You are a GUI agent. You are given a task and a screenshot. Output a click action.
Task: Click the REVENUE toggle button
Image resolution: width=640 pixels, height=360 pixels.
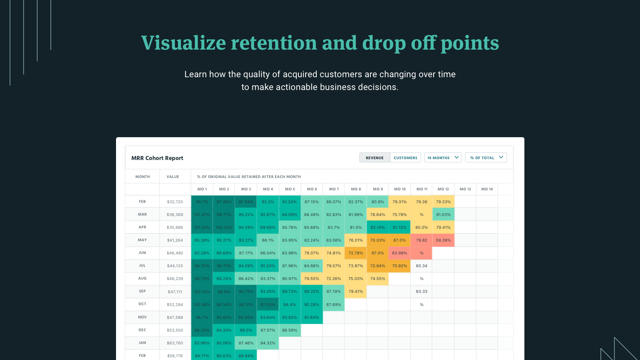[x=374, y=158]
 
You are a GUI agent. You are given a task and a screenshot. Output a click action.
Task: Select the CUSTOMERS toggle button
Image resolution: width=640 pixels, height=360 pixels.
[x=405, y=158]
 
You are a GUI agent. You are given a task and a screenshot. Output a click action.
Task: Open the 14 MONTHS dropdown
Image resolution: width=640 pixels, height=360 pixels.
[x=443, y=158]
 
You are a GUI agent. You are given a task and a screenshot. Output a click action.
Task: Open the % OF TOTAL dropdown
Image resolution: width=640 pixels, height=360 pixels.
[x=486, y=158]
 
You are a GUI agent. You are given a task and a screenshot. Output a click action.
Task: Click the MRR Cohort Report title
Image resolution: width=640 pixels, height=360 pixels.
[x=157, y=158]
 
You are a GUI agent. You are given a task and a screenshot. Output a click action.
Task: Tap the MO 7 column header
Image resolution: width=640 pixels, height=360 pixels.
[x=334, y=189]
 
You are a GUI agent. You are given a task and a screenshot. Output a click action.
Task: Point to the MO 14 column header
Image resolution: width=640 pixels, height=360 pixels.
[x=487, y=189]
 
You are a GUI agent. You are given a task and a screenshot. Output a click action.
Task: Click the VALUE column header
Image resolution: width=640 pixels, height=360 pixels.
[x=173, y=176]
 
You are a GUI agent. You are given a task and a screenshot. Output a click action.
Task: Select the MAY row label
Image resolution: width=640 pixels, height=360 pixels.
[x=142, y=240]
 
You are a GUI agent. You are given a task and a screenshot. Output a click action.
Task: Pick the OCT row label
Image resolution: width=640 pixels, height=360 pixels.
[x=142, y=304]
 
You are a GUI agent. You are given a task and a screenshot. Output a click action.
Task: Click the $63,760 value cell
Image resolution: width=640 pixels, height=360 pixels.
[x=175, y=343]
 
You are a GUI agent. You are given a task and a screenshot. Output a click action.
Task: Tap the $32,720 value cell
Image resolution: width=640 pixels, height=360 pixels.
[x=175, y=202]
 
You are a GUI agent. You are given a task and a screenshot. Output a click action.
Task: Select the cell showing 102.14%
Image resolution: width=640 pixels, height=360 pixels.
[x=202, y=292]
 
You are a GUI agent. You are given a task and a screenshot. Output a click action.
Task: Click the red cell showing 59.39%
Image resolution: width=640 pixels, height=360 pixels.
[x=443, y=240]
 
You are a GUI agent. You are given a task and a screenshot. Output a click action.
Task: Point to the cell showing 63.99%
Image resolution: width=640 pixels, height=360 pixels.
[x=400, y=253]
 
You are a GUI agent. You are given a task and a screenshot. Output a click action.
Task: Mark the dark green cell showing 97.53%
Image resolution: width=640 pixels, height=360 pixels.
[x=268, y=304]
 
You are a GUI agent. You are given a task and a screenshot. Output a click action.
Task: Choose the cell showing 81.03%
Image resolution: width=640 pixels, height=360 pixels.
[x=443, y=214]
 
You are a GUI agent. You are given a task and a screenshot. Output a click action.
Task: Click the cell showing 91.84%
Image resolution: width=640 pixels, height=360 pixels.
[x=312, y=317]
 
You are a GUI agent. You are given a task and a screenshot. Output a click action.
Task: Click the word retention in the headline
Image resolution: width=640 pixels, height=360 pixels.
[x=274, y=43]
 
